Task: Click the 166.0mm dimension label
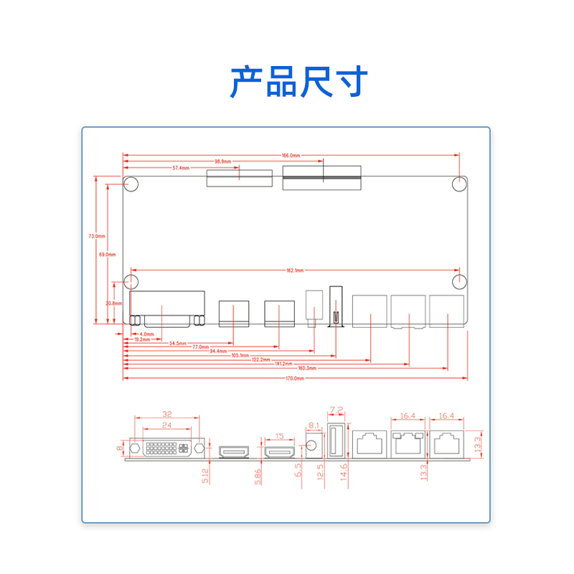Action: [291, 155]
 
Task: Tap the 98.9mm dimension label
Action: [222, 161]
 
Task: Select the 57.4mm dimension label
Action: [181, 168]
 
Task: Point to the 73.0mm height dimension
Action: [97, 235]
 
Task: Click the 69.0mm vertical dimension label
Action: [107, 254]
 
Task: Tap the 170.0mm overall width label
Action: [295, 378]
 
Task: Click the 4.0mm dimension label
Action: [146, 334]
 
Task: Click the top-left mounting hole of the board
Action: [131, 184]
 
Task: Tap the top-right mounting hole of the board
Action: [461, 184]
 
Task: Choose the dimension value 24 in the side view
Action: [166, 425]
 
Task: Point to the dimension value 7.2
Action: [336, 410]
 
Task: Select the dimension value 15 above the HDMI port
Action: [280, 436]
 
